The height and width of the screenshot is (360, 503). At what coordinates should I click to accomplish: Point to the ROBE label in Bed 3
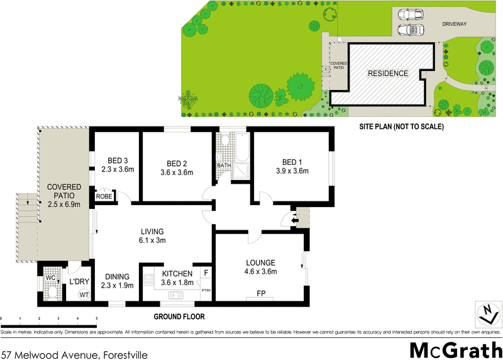pos(104,196)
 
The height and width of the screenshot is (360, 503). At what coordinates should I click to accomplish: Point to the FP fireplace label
pos(260,293)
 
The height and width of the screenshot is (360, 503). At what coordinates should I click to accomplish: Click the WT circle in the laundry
pos(84,295)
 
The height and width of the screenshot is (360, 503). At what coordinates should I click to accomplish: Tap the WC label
pos(51,278)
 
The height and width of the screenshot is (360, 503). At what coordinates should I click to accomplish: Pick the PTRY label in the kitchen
pos(206,290)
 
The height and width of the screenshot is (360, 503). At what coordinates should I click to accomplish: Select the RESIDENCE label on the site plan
pos(388,73)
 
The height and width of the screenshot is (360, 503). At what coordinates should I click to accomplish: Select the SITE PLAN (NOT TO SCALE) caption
pos(402,127)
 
